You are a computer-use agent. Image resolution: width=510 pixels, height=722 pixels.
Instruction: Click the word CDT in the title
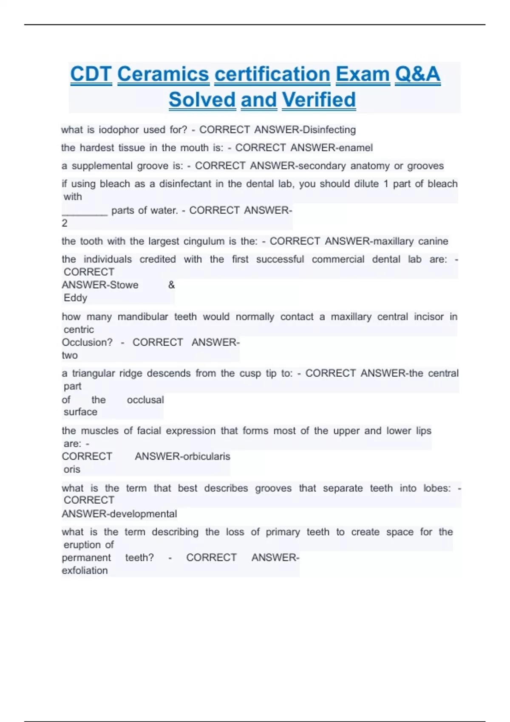[91, 74]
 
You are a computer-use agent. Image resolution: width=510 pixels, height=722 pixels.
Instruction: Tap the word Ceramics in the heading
[163, 74]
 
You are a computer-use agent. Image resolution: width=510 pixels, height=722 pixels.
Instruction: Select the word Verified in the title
[319, 100]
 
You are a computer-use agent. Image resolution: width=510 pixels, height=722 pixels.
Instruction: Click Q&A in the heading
[417, 74]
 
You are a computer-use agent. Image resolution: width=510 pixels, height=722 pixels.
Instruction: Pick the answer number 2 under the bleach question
[65, 223]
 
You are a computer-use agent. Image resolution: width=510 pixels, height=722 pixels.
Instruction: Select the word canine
[433, 242]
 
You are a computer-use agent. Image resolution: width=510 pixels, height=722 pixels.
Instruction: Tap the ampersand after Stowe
[171, 285]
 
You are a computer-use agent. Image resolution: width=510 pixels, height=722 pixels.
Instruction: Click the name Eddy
[75, 298]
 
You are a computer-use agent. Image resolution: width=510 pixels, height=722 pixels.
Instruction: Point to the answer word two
[70, 355]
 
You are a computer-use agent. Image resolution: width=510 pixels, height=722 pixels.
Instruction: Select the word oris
[72, 470]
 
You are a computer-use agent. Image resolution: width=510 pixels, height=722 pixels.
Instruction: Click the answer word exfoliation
[85, 571]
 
